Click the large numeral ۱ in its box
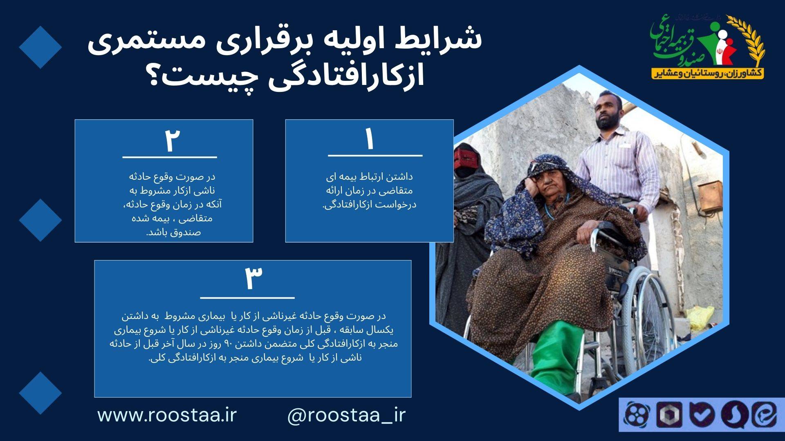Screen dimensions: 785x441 pos(370,140)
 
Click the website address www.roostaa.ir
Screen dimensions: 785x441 pos(167,415)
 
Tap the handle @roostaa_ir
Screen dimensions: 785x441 pos(347,416)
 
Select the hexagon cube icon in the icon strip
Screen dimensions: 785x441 pos(669,414)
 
